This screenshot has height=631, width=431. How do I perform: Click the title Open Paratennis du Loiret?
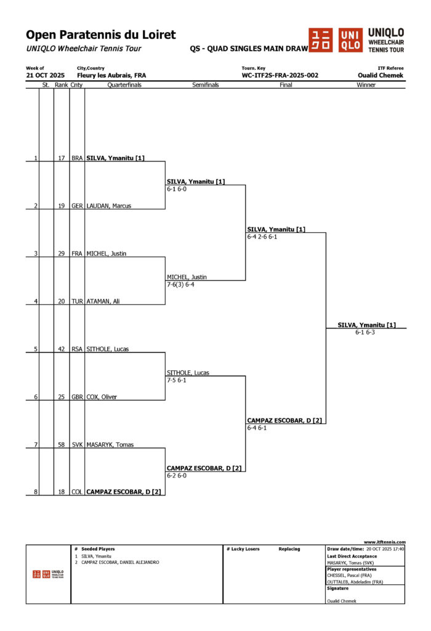[100, 35]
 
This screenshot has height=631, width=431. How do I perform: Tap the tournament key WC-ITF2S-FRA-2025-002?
[280, 75]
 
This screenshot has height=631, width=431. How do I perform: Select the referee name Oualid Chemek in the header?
[381, 75]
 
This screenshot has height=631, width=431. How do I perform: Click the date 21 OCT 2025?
[45, 75]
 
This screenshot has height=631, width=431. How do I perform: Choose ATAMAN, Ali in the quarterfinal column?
[103, 301]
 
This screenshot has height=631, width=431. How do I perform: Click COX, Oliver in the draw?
[102, 397]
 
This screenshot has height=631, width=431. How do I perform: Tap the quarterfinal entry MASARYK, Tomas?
[110, 444]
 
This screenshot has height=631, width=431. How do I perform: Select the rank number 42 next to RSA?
[62, 349]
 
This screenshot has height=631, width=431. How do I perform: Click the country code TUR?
[77, 301]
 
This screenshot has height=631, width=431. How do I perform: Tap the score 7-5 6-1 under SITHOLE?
[177, 380]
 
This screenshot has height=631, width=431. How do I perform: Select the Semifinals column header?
[205, 85]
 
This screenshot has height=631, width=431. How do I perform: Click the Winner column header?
[366, 85]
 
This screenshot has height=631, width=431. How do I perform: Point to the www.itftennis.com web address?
[384, 542]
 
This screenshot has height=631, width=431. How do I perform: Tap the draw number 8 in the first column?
[36, 492]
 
